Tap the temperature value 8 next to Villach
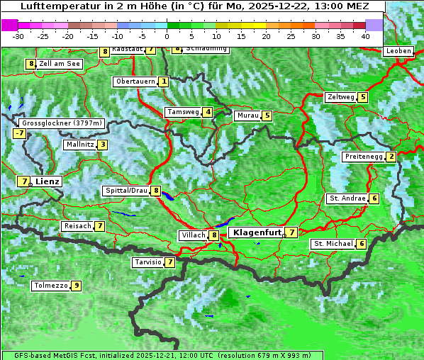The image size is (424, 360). [214, 235]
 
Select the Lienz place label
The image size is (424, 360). [48, 181]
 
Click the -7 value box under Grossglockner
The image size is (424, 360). [19, 133]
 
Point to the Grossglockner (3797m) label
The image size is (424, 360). [62, 123]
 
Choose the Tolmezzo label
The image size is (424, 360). [50, 286]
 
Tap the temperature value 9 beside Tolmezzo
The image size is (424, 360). [76, 286]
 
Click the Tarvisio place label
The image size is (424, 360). [147, 262]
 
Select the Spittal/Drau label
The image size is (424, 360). [125, 191]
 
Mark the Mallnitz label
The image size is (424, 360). [79, 145]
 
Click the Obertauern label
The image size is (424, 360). [135, 81]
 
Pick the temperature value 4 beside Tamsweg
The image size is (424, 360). [208, 112]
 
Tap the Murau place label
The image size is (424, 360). [247, 116]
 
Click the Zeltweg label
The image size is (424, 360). [340, 97]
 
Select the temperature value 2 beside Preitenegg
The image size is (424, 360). [391, 157]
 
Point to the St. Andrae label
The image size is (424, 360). [347, 198]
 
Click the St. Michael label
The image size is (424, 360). [333, 244]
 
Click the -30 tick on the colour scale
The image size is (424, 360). [18, 36]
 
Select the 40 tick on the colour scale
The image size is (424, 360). [365, 36]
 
